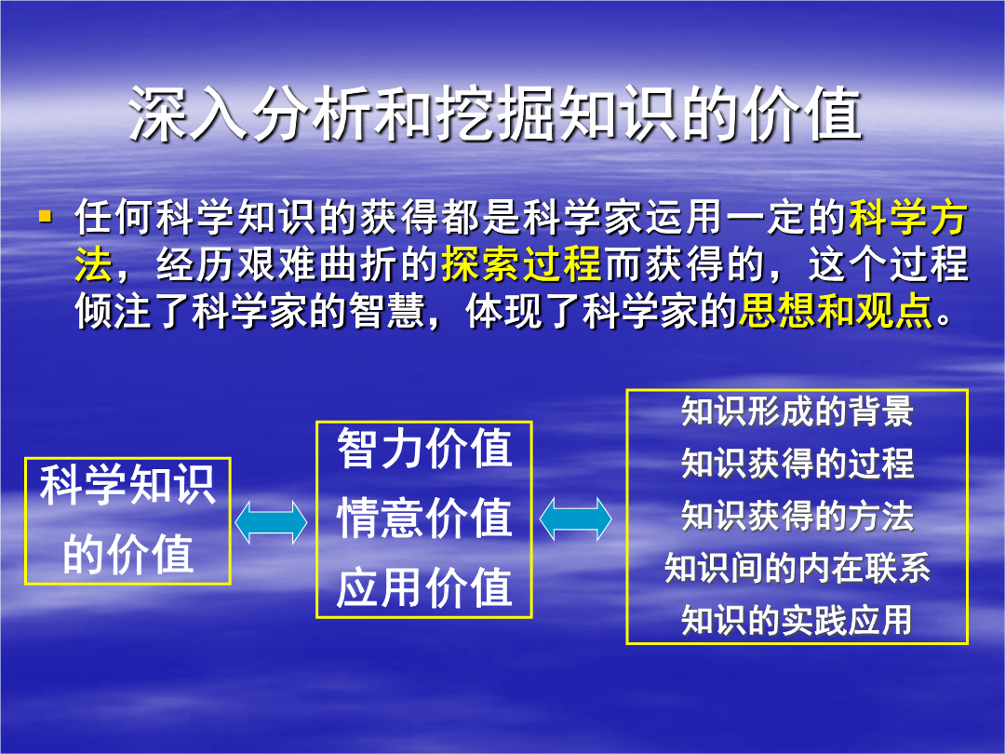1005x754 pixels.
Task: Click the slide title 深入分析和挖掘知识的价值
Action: [x=495, y=114]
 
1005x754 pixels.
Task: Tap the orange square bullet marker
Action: [x=45, y=215]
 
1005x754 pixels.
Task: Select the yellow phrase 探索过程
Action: [x=521, y=264]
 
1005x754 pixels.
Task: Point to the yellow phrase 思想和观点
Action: [x=835, y=312]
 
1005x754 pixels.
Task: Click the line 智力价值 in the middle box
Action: [x=424, y=449]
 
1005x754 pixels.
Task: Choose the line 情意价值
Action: [x=424, y=518]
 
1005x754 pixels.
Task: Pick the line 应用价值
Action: [x=424, y=587]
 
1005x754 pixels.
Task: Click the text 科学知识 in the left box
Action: [x=127, y=485]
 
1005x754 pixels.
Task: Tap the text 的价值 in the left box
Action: [x=127, y=553]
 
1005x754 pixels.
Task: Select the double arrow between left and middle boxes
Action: [x=271, y=522]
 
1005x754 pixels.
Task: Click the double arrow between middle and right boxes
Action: [x=576, y=518]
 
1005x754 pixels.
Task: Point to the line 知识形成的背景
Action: [x=797, y=411]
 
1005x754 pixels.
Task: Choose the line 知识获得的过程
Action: [x=797, y=464]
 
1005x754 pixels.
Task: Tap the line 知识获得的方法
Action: [x=797, y=516]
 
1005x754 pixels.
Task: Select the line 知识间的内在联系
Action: [x=797, y=568]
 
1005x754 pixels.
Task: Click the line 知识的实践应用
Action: [x=797, y=620]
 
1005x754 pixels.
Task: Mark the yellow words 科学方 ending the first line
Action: [x=908, y=217]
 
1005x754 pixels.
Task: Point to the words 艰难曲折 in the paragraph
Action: [x=277, y=264]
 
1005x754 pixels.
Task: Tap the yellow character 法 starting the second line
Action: [x=94, y=264]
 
